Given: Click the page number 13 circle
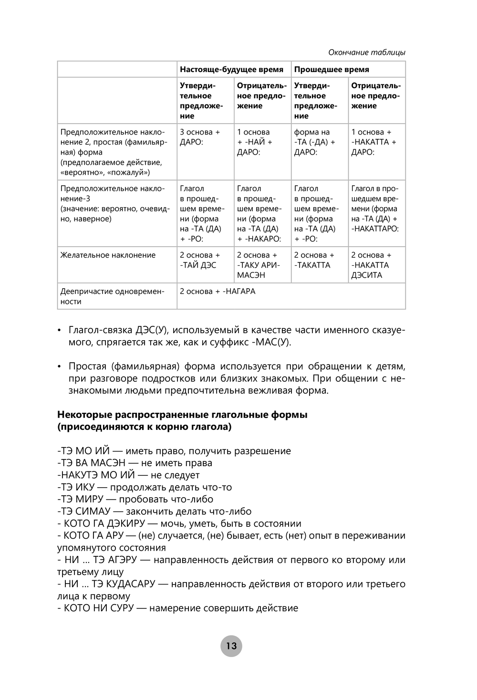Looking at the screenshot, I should coord(231,646).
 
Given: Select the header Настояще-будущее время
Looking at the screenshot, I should coord(231,70).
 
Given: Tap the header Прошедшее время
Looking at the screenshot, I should coord(332,70).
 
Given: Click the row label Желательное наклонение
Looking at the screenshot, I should coord(108,255).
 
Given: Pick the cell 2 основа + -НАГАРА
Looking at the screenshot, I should coord(218,292).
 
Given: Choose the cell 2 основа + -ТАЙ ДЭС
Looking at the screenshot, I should coord(200,260).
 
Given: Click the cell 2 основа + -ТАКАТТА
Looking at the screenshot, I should coord(314,260).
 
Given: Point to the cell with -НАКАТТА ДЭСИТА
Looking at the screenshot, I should coord(371,265).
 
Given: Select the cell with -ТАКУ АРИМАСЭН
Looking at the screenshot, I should coord(258,265).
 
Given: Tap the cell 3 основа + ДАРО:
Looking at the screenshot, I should coord(200,137).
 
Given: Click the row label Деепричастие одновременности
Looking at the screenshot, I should coord(112,296).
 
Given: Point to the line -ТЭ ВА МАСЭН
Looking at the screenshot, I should coord(135,463).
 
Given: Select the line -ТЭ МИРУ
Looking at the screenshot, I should coord(135,499).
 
